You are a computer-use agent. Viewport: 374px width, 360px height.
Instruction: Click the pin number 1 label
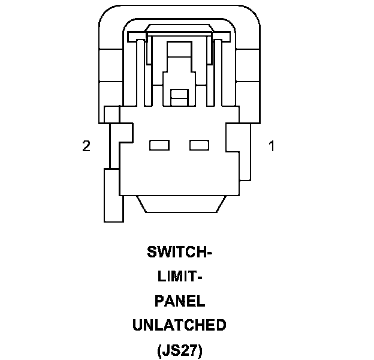[272, 146]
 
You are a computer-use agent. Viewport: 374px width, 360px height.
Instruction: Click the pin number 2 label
[86, 146]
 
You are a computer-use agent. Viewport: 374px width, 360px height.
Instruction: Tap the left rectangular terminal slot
[158, 145]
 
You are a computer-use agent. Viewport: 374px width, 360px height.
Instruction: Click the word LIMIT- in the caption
[179, 277]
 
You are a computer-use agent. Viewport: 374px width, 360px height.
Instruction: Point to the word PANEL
[179, 301]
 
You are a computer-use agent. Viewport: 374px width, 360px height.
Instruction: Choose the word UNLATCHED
[179, 326]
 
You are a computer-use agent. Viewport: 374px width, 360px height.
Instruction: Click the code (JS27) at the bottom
[179, 350]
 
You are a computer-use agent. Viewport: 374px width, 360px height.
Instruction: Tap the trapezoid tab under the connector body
[179, 203]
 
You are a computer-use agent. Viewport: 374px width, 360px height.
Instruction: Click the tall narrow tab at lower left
[113, 195]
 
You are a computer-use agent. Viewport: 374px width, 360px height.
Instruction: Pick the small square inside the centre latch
[179, 95]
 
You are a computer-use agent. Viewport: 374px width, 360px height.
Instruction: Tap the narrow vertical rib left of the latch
[141, 72]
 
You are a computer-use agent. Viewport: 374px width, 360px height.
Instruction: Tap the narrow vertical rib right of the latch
[217, 72]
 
